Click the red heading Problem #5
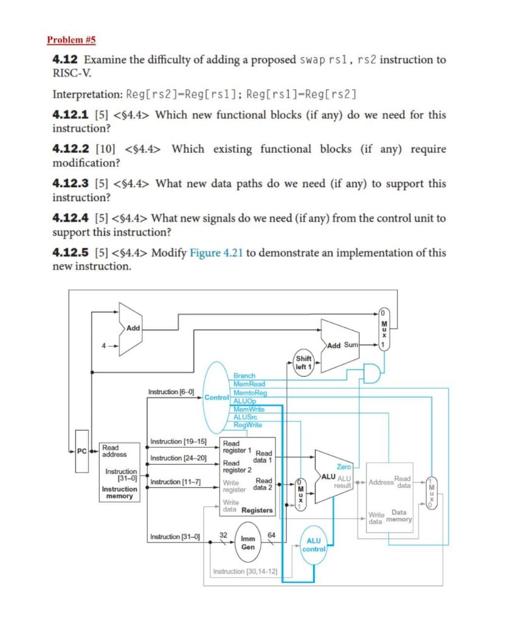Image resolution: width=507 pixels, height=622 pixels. (71, 41)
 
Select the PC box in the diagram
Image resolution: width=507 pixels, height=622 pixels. (81, 450)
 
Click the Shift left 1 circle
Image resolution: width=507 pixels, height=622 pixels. (303, 363)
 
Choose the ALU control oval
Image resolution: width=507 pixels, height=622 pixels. (314, 544)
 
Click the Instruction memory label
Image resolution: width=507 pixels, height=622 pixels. (119, 493)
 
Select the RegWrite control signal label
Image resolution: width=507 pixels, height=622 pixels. (248, 425)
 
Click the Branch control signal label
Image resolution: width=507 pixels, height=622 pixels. (244, 377)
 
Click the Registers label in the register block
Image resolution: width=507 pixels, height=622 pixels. (257, 510)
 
